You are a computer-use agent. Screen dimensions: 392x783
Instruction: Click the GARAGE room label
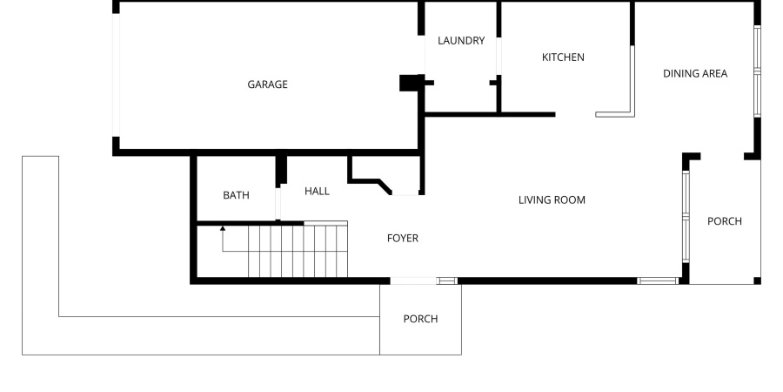(267, 84)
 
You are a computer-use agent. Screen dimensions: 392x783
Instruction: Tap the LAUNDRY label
(461, 40)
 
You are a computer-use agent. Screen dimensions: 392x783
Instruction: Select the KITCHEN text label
(563, 57)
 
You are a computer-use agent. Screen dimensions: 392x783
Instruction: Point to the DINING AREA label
(695, 73)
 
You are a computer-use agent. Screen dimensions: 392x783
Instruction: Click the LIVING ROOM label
(552, 200)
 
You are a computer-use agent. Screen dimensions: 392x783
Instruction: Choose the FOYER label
(403, 238)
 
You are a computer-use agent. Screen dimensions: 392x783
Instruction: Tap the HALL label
(317, 191)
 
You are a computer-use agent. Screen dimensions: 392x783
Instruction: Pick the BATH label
(236, 195)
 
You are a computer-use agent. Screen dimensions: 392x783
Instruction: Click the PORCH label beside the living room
(724, 221)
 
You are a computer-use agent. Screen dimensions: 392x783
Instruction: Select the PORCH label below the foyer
(420, 319)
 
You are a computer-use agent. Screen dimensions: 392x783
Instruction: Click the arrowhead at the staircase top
(223, 228)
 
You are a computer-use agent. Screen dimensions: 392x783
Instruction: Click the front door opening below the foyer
(412, 280)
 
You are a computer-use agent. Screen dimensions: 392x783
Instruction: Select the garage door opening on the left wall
(116, 76)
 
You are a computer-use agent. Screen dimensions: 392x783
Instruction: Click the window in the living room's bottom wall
(658, 280)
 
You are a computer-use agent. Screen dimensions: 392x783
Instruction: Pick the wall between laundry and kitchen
(499, 57)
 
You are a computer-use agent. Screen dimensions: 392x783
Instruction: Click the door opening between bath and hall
(278, 202)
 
